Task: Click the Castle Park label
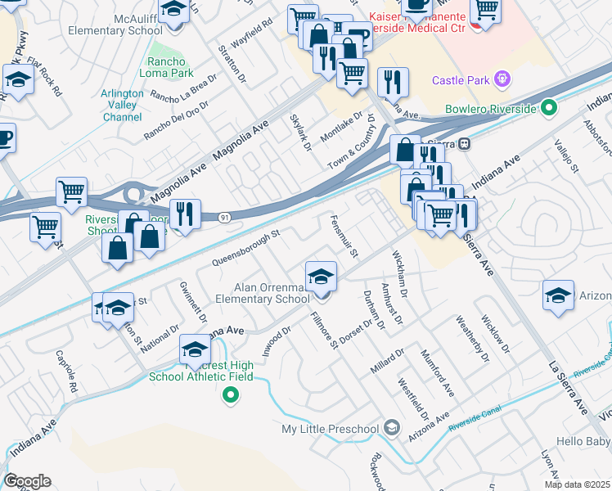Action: coord(461,80)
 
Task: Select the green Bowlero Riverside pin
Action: coord(551,108)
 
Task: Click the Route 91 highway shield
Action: coord(223,217)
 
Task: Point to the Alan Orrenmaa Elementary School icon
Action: coord(322,274)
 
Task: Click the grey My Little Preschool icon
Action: coord(392,428)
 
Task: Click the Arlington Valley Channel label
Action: coord(122,105)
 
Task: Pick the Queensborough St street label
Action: coord(246,247)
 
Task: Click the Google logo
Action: coord(27,481)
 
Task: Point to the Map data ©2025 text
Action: coord(577,484)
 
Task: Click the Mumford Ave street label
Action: coord(436,367)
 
